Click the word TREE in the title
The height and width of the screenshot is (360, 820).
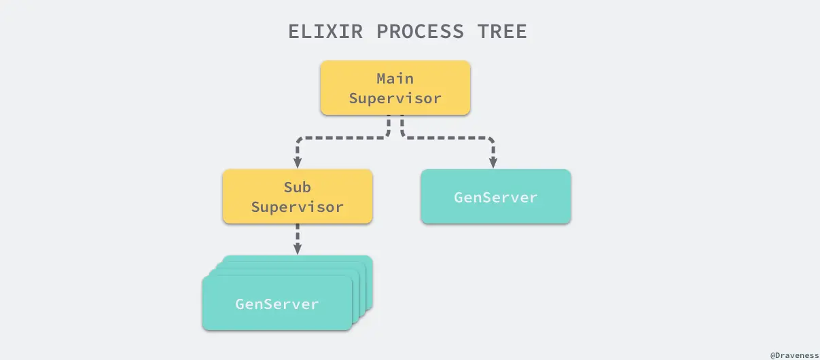tap(504, 32)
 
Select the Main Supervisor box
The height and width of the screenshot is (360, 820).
tap(395, 88)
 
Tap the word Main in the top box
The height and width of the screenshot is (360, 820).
tap(395, 79)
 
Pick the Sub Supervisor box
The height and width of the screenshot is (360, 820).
tap(298, 196)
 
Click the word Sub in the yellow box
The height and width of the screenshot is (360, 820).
tap(298, 187)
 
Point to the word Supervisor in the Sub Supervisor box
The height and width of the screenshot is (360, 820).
tap(298, 206)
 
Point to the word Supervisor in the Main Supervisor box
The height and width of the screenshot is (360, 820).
tap(395, 98)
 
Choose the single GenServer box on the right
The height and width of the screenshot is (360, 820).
tap(496, 196)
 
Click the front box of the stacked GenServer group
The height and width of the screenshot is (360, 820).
tap(277, 304)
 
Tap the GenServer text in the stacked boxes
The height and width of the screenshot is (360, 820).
tap(277, 304)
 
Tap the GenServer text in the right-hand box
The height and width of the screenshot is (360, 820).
tap(496, 198)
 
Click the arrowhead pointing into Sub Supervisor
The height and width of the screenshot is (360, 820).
tap(298, 162)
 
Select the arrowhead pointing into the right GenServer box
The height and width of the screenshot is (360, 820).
tap(493, 162)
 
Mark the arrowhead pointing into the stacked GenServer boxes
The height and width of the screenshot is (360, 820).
tap(298, 249)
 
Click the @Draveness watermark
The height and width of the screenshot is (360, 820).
tap(794, 355)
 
